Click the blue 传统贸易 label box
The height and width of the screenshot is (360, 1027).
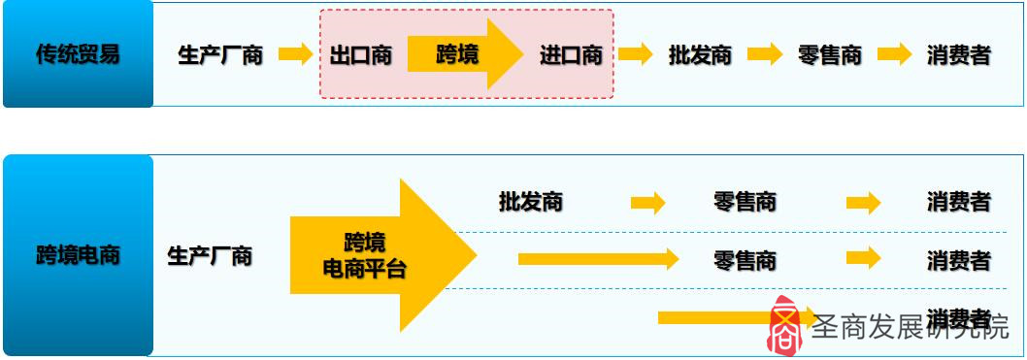pos(78,54)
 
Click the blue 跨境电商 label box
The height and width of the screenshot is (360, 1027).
pos(78,256)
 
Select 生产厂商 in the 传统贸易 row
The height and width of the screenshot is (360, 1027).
pos(220,54)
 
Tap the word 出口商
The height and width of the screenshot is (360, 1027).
pos(360,54)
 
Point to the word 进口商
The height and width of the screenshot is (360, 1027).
pos(571,54)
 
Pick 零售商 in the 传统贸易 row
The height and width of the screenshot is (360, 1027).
pos(829,54)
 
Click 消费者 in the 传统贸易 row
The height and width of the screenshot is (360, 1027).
pos(958,54)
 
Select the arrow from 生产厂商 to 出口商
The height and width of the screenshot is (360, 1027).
pos(295,54)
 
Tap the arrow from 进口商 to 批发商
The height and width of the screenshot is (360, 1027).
pos(635,54)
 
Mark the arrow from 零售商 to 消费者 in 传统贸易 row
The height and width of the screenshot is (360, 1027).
pos(894,54)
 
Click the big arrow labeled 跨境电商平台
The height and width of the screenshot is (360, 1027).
pos(379,256)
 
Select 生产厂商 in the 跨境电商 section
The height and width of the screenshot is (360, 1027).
pos(210,256)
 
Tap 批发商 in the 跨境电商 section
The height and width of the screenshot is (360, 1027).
pos(530,202)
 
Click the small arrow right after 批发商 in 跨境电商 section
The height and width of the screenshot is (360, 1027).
pos(647,202)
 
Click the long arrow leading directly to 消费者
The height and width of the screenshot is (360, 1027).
pos(718,317)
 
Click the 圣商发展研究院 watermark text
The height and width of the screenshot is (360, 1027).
pos(910,328)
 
